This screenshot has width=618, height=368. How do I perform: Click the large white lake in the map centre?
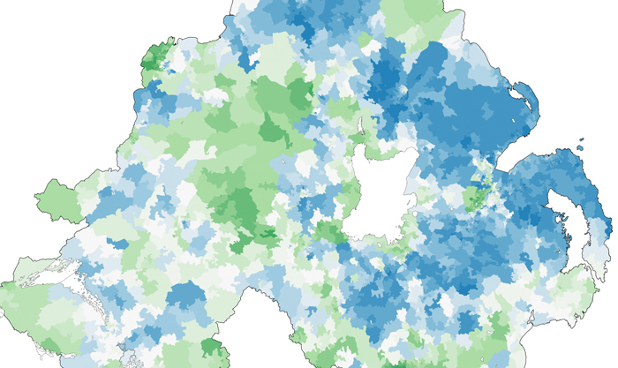380,190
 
